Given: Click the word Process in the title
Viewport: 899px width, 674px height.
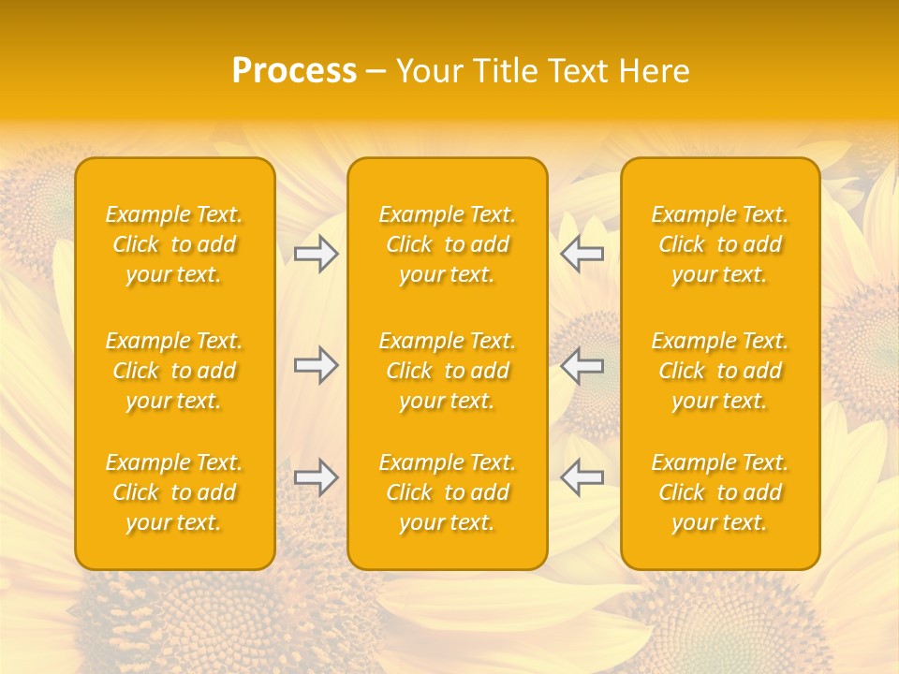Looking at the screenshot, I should click(x=294, y=71).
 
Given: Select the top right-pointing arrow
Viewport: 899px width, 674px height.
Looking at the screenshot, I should click(x=317, y=254).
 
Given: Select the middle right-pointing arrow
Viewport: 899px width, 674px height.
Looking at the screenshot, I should click(x=317, y=365).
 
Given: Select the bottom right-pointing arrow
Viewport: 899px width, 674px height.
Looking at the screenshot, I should click(x=317, y=477).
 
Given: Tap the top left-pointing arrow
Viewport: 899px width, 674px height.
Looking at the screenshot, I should click(x=582, y=254).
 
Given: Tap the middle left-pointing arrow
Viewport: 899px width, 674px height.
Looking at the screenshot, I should click(x=582, y=365).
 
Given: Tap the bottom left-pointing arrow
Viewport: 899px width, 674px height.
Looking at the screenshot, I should click(x=582, y=477).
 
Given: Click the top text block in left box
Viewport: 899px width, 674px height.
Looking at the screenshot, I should click(x=174, y=244).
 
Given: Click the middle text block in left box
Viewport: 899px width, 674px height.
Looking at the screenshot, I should click(x=174, y=371).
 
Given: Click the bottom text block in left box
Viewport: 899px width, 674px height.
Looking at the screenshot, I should click(x=174, y=492).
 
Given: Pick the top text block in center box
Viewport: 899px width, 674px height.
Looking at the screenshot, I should click(x=448, y=244).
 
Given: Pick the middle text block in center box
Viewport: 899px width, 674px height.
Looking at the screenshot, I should click(x=448, y=371).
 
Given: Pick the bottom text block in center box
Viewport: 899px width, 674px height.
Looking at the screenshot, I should click(x=448, y=492).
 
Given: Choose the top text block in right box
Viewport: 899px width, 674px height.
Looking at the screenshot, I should click(x=720, y=244).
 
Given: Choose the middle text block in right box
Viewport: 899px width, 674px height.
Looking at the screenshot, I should click(x=720, y=371).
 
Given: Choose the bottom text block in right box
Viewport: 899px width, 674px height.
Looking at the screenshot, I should click(x=720, y=492).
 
